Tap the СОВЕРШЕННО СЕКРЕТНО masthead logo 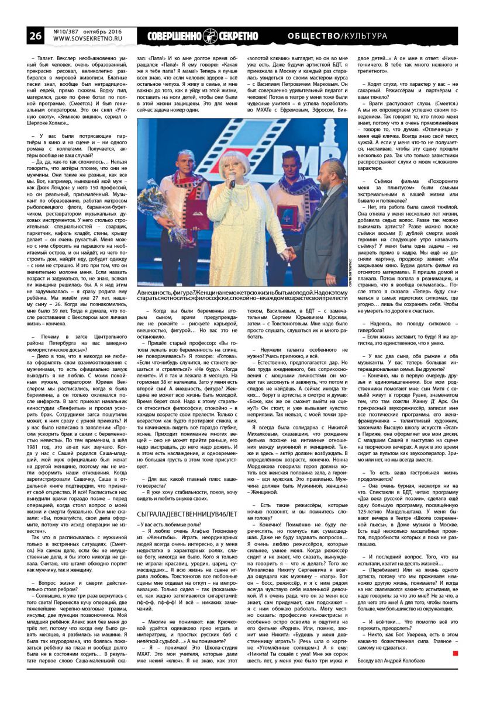(202, 36)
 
